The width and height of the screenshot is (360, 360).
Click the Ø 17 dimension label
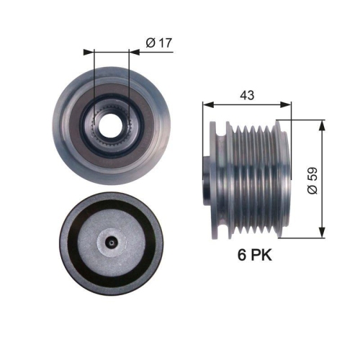pos(158,43)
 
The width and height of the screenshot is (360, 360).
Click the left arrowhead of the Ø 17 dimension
pos(89,52)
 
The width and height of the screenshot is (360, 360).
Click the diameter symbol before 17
pos(150,43)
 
